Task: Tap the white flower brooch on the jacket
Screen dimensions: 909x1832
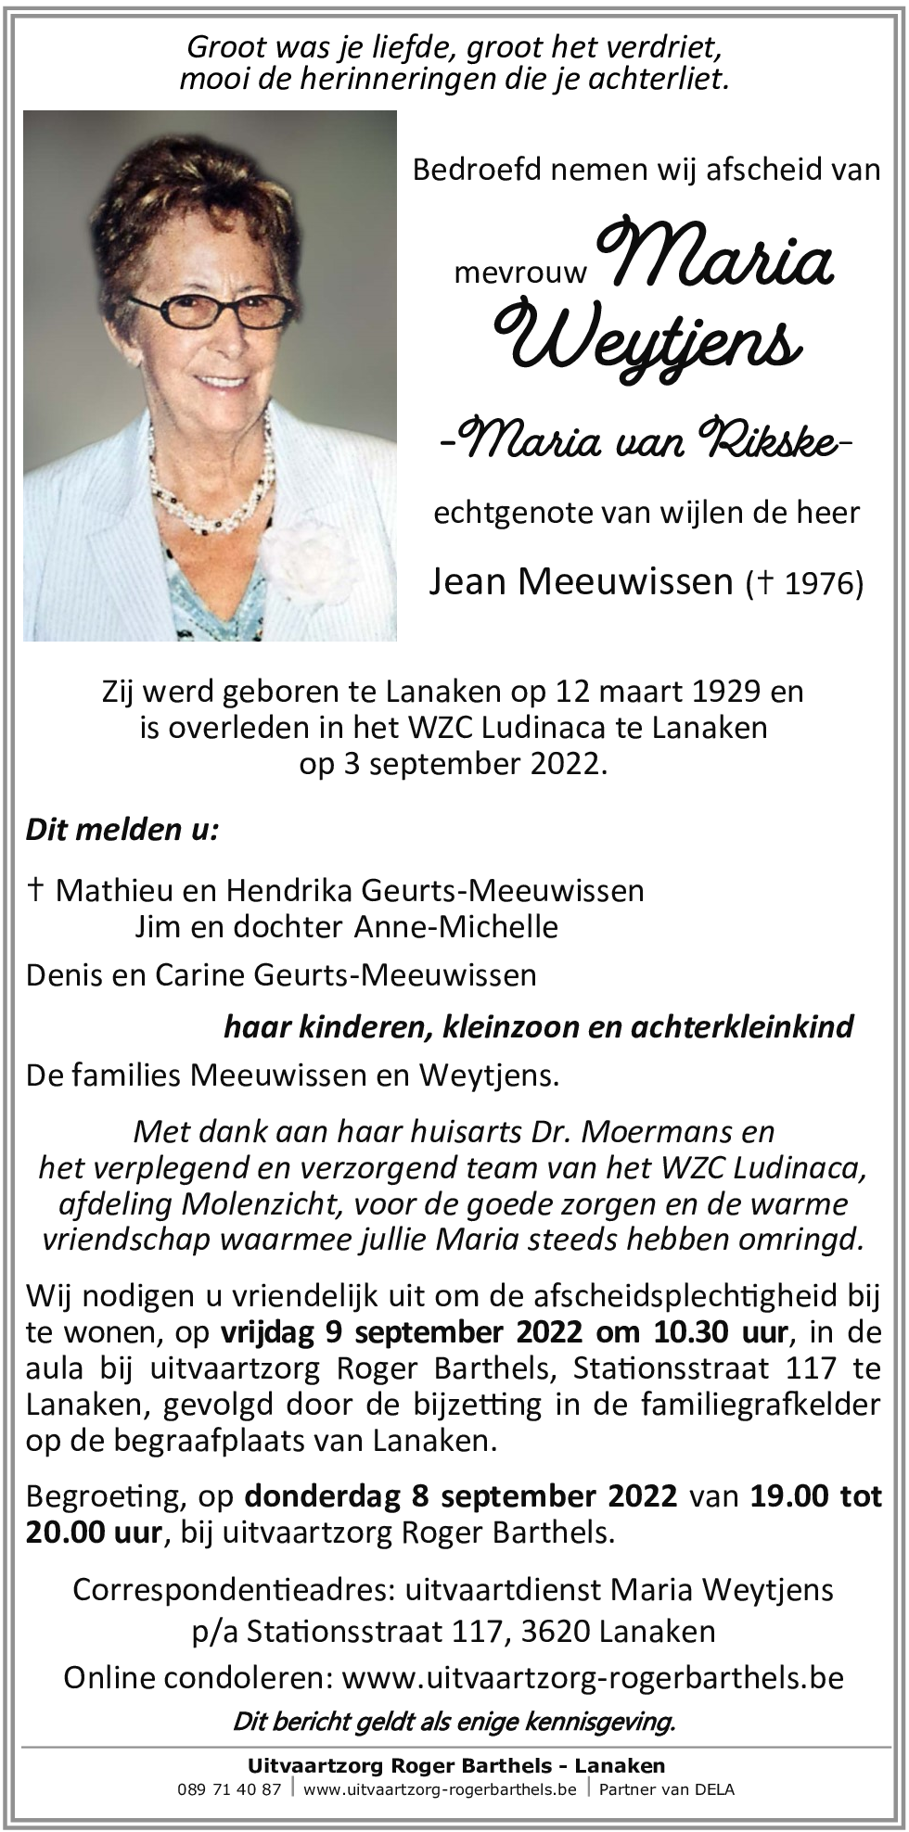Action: click(307, 556)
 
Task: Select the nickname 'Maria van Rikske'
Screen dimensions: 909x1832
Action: click(647, 439)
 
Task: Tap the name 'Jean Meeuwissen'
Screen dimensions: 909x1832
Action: click(581, 581)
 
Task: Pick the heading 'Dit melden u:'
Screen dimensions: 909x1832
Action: click(122, 829)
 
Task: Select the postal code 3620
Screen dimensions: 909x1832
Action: click(557, 1631)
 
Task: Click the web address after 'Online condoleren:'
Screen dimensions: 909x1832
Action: click(593, 1678)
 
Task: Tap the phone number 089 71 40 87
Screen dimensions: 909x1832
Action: click(228, 1789)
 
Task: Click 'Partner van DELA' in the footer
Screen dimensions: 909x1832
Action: click(666, 1789)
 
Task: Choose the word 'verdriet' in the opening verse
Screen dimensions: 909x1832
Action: click(659, 46)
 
